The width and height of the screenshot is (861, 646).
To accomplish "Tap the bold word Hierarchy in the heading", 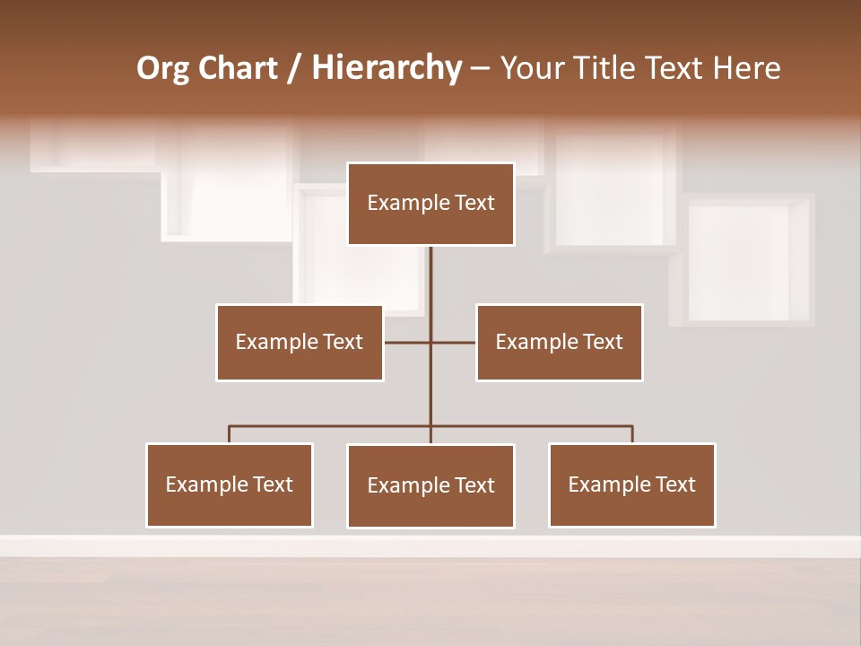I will click(387, 68).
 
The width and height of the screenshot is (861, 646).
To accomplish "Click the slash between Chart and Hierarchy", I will click(294, 68).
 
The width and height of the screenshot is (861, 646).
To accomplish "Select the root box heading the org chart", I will click(430, 204).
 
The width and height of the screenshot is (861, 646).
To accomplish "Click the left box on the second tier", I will click(300, 342).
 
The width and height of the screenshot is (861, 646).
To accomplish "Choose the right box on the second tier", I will click(560, 342).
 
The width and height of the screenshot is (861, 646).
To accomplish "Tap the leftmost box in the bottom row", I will click(230, 484).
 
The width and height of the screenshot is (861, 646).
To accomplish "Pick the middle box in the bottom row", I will click(430, 485).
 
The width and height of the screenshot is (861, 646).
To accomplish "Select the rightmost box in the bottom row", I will click(632, 484).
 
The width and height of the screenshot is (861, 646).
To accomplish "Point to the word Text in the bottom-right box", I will click(675, 484).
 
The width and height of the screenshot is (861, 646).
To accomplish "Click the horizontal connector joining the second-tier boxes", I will click(453, 342).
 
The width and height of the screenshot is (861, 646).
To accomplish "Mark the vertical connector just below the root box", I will click(430, 278).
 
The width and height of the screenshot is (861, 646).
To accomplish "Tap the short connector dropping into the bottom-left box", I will click(230, 434).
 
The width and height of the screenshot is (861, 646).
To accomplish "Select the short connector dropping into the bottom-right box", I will click(632, 434).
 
